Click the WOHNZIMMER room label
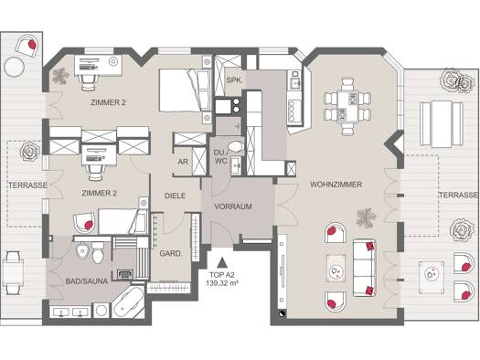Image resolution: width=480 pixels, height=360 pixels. pyautogui.click(x=336, y=185)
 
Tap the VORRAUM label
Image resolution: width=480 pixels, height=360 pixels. pyautogui.click(x=233, y=206)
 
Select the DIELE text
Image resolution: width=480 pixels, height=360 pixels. pyautogui.click(x=176, y=196)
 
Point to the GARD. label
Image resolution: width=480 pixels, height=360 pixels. pyautogui.click(x=171, y=254)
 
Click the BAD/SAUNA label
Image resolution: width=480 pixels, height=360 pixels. pyautogui.click(x=87, y=281)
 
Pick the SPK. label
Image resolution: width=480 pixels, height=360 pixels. pyautogui.click(x=234, y=80)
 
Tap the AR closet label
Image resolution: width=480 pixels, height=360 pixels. pyautogui.click(x=183, y=162)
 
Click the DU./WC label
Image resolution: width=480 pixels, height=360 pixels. pyautogui.click(x=220, y=156)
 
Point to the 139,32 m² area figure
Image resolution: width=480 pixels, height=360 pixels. pyautogui.click(x=222, y=283)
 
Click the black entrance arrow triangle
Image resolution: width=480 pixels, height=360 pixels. pyautogui.click(x=221, y=263)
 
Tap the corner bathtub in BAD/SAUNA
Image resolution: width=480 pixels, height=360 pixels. pyautogui.click(x=128, y=302)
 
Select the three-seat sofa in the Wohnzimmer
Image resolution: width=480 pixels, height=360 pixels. pyautogui.click(x=364, y=268)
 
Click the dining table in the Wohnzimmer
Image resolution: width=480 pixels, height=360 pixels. pyautogui.click(x=347, y=107)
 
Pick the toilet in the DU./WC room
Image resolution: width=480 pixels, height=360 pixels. pyautogui.click(x=236, y=146)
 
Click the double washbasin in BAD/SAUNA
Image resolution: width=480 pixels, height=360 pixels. pyautogui.click(x=70, y=312)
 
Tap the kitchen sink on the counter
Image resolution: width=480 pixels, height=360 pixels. pyautogui.click(x=294, y=79)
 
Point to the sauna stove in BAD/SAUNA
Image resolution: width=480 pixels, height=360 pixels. pyautogui.click(x=125, y=274)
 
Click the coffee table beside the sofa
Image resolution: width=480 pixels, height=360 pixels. pyautogui.click(x=336, y=269)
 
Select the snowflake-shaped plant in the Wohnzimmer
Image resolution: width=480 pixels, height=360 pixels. pyautogui.click(x=366, y=217)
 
